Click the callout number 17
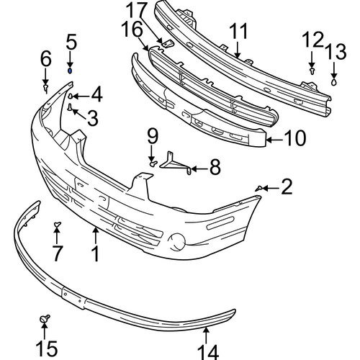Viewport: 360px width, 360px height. pos(136,11)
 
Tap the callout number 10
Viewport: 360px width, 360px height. pos(294,138)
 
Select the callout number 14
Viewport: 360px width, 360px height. pos(208,352)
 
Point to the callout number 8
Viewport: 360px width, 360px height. pos(215,167)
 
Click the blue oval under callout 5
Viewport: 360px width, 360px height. pos(70,71)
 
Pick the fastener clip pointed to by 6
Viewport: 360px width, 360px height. pos(45,88)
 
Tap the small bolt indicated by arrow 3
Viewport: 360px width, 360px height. pos(70,107)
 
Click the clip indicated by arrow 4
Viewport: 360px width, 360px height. pos(71,96)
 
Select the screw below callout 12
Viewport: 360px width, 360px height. pos(312,71)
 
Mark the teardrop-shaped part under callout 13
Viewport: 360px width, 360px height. pos(334,82)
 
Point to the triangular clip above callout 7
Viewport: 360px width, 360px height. pos(57,225)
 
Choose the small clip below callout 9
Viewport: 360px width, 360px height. pos(153,163)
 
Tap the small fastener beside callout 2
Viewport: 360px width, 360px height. pos(258,189)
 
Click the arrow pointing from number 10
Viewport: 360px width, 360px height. pos(275,139)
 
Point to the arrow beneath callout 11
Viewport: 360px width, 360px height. pos(238,50)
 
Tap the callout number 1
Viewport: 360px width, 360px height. pos(96,254)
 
